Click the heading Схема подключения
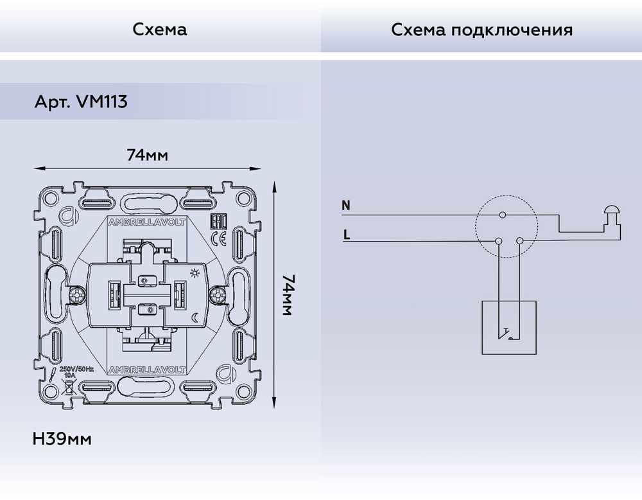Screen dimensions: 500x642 coord(481,30)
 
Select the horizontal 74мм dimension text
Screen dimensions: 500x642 coord(147,155)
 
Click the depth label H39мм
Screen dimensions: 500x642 coord(62,440)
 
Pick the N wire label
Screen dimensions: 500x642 coord(346,206)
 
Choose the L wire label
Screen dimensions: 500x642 coord(346,235)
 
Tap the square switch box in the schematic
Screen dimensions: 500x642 coord(509,326)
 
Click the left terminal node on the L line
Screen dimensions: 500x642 coord(498,241)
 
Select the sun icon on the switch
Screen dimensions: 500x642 coord(195,274)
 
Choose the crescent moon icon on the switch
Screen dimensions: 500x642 coord(195,316)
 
